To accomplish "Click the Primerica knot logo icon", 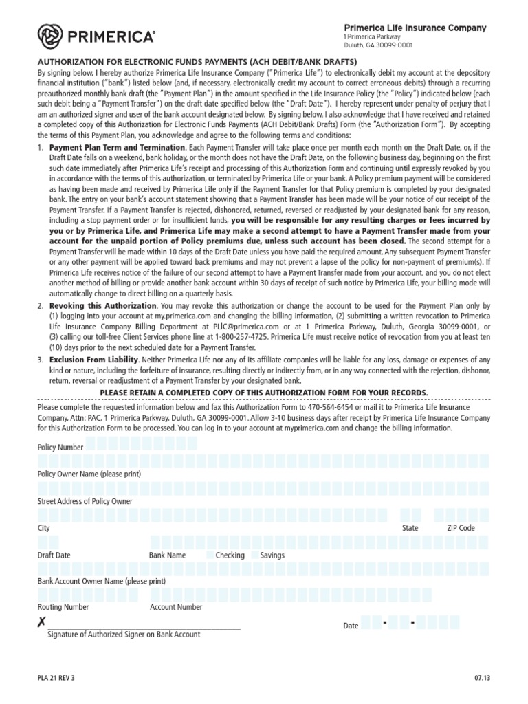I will tap(50, 36).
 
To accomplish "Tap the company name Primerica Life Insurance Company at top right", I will tap(415, 27).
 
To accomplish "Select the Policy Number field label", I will tap(60, 448).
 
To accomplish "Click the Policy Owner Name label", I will tap(89, 474).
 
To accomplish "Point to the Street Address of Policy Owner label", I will tap(85, 501).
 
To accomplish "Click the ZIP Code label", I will tap(461, 528).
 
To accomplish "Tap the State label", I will tap(410, 528).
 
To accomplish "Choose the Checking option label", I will tap(230, 555).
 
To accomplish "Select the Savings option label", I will tap(272, 555).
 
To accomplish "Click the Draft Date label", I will tap(54, 555).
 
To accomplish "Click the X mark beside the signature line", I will tap(42, 623).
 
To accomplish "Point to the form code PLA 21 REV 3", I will tap(56, 678).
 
